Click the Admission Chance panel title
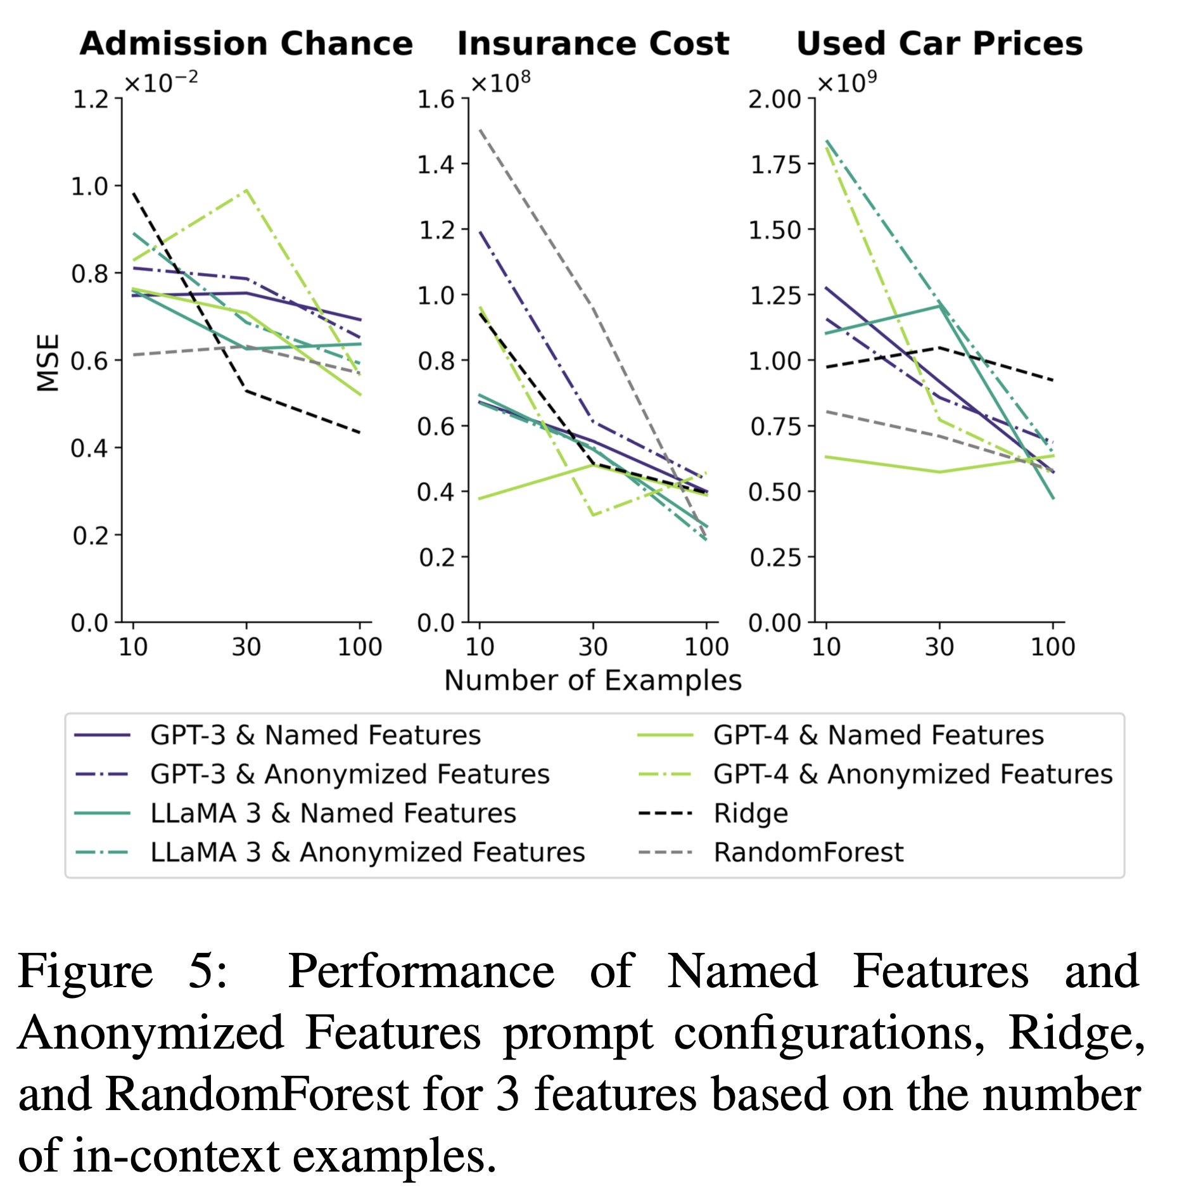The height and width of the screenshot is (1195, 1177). pyautogui.click(x=246, y=44)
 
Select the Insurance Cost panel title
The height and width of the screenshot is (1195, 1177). pyautogui.click(x=593, y=44)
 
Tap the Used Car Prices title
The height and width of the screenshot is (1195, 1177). pyautogui.click(x=939, y=44)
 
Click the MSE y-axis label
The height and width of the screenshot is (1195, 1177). pyautogui.click(x=48, y=362)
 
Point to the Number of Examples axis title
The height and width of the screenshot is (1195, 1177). pyautogui.click(x=592, y=681)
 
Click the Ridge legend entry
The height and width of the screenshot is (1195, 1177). pyautogui.click(x=751, y=814)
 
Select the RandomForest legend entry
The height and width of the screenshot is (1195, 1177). pyautogui.click(x=808, y=853)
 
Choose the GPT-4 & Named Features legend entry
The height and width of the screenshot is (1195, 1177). pyautogui.click(x=878, y=736)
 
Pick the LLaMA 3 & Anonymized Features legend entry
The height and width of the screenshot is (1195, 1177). pyautogui.click(x=367, y=853)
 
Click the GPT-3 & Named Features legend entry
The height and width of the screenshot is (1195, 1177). pyautogui.click(x=315, y=736)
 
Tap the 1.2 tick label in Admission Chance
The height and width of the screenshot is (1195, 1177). pyautogui.click(x=91, y=99)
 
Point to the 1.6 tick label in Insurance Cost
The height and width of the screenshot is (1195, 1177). pyautogui.click(x=436, y=99)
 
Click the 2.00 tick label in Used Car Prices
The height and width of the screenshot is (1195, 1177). pyautogui.click(x=774, y=99)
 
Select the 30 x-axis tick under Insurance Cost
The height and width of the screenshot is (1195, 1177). pyautogui.click(x=593, y=647)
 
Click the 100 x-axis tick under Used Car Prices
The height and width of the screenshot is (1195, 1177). pyautogui.click(x=1053, y=647)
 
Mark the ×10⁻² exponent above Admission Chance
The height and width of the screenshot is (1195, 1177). pyautogui.click(x=161, y=82)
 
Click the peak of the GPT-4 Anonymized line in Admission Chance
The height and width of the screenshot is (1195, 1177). pyautogui.click(x=246, y=189)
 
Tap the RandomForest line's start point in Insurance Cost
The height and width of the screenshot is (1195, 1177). pyautogui.click(x=480, y=130)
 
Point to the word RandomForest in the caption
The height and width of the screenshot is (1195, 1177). pyautogui.click(x=257, y=1094)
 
